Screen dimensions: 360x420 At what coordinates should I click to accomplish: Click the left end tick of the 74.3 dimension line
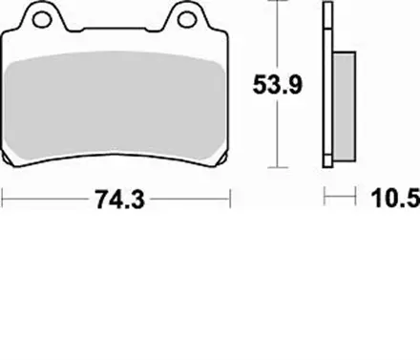pos(5,200)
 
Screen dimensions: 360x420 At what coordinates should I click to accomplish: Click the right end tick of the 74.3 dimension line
pos(232,200)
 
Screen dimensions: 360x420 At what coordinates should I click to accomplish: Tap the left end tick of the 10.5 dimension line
pos(326,199)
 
